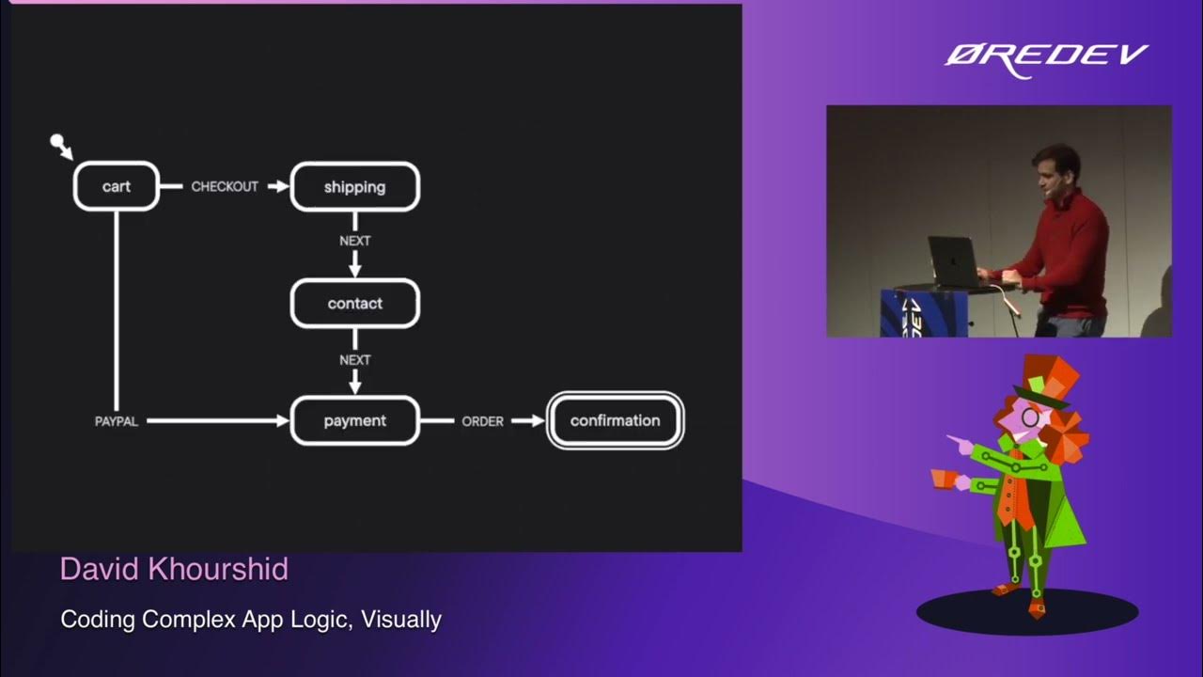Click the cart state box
click(117, 186)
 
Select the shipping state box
click(354, 187)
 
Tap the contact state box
click(354, 304)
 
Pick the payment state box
click(354, 421)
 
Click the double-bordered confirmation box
click(615, 420)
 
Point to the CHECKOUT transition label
click(225, 186)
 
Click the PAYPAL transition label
click(117, 422)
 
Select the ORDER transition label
click(482, 421)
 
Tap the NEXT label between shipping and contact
click(355, 241)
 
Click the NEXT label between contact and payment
click(355, 360)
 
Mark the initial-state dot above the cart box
click(58, 142)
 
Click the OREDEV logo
click(1046, 56)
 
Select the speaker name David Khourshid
click(174, 569)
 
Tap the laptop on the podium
click(953, 260)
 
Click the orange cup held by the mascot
click(942, 479)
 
